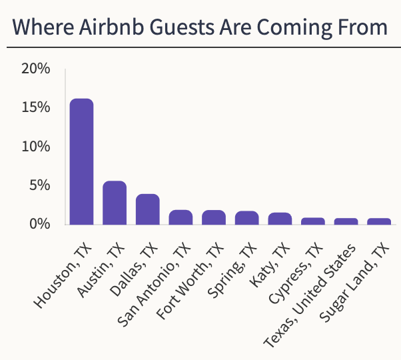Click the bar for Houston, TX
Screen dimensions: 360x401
(x=81, y=162)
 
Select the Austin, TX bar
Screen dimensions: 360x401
(x=115, y=203)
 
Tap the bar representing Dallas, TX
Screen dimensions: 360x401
(x=147, y=209)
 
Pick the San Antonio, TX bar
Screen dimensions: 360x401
(x=181, y=218)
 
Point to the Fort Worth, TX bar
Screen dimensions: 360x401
(x=214, y=218)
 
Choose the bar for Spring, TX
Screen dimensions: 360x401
(x=246, y=219)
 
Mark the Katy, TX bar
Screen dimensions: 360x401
(x=280, y=219)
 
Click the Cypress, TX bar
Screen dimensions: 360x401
(x=313, y=221)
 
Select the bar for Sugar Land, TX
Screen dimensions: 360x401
(x=379, y=221)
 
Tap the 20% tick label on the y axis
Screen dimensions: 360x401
(x=35, y=69)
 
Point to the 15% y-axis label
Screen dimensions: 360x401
(x=35, y=107)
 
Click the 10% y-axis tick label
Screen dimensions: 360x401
(x=35, y=146)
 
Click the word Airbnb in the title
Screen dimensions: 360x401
(x=108, y=27)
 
